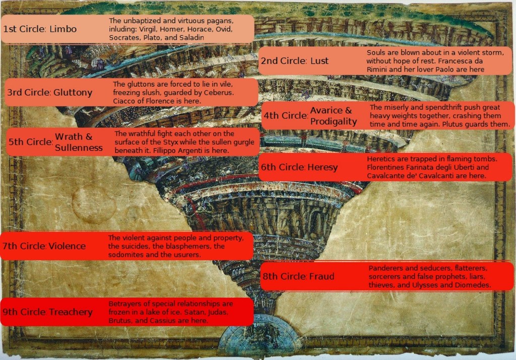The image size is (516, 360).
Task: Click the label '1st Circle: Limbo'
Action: pyautogui.click(x=40, y=29)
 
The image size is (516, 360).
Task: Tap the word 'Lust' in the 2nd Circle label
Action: pyautogui.click(x=319, y=61)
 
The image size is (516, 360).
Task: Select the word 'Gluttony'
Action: pyautogui.click(x=73, y=93)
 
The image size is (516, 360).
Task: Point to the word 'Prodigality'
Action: pyautogui.click(x=334, y=122)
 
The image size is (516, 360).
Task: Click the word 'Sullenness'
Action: pyautogui.click(x=79, y=148)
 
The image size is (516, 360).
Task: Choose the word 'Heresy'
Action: pyautogui.click(x=322, y=167)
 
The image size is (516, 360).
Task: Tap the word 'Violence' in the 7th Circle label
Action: pyautogui.click(x=67, y=247)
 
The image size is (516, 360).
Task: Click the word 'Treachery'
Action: pyautogui.click(x=71, y=312)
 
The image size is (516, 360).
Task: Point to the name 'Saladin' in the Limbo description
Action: pyautogui.click(x=190, y=38)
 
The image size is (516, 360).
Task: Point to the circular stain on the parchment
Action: pyautogui.click(x=94, y=205)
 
